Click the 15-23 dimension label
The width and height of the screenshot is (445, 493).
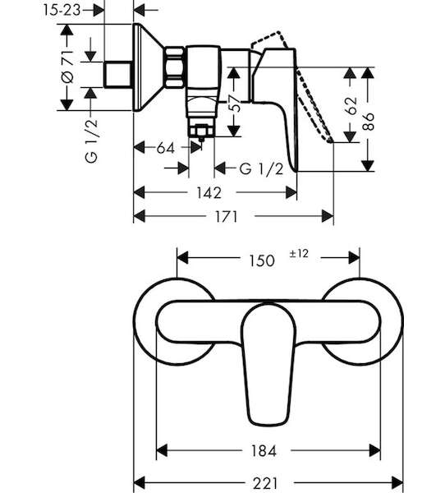tap(62, 11)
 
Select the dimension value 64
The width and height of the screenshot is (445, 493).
tap(165, 148)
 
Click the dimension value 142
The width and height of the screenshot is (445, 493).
tap(209, 192)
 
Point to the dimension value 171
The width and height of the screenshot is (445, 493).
tap(226, 216)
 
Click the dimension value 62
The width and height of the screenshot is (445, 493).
tap(351, 106)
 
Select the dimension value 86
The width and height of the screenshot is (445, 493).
tap(368, 122)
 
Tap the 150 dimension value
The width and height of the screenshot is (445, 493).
tap(262, 260)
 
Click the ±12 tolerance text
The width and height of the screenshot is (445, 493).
tap(299, 253)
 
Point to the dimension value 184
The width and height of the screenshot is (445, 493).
tap(264, 451)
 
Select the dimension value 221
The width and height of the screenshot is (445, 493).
tap(265, 483)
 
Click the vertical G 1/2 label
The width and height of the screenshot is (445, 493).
tap(91, 141)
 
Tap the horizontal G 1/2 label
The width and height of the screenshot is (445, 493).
tap(261, 169)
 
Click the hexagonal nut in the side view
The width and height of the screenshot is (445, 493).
tap(174, 67)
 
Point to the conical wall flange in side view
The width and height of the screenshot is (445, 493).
tap(147, 67)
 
